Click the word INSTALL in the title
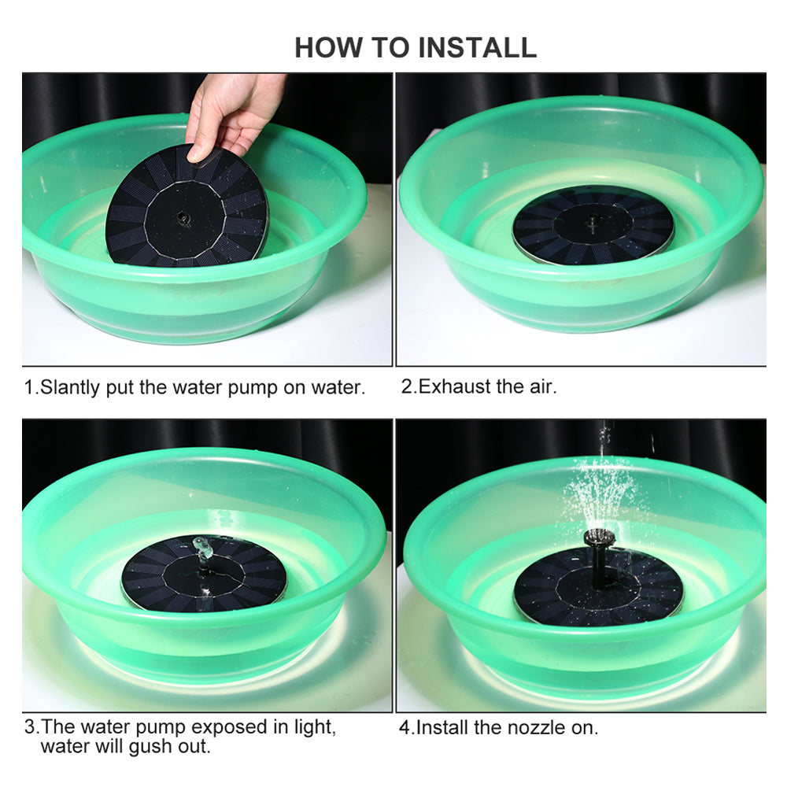(477, 47)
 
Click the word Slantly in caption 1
(68, 387)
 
